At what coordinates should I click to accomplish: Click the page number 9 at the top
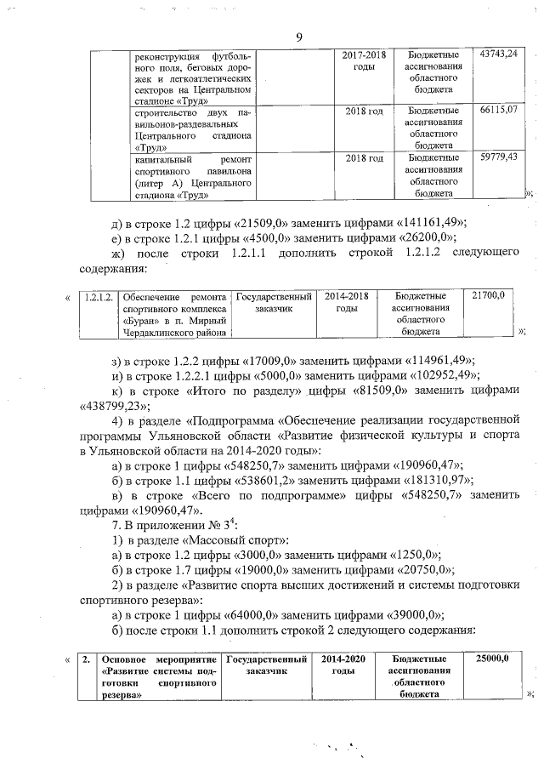[299, 36]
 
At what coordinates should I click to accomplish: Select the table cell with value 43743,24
[498, 54]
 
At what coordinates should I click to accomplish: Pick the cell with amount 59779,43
[498, 158]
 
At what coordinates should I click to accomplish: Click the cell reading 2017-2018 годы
[364, 60]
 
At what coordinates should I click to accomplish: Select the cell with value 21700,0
[488, 295]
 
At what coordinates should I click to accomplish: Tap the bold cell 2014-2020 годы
[345, 664]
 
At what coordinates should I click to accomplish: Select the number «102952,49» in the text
[436, 374]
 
